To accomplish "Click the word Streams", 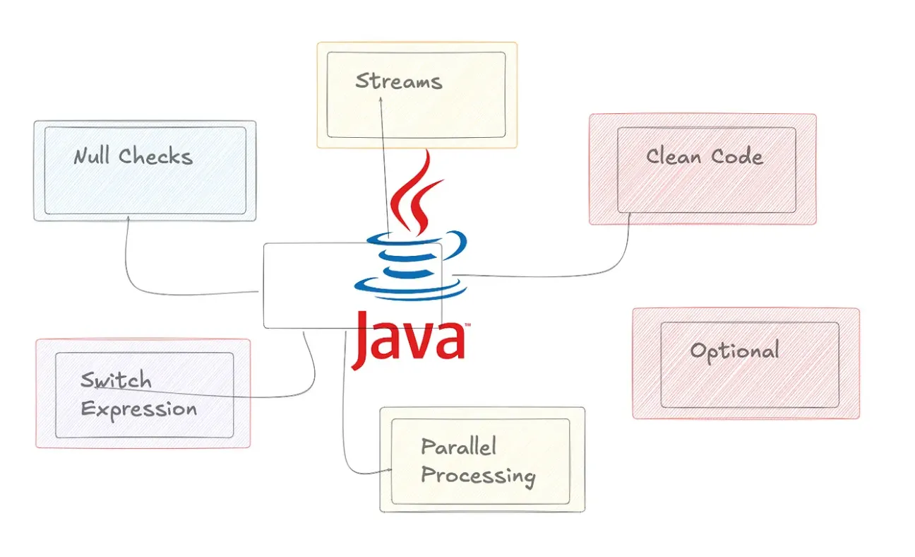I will click(398, 81).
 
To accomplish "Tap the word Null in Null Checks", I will click(92, 156).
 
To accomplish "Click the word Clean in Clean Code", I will click(673, 156).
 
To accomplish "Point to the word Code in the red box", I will click(736, 156).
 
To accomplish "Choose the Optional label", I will click(734, 351).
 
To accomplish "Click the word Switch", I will click(116, 380).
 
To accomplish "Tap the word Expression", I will click(138, 409).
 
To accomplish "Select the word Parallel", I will click(458, 446).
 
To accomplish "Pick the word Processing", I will click(477, 475).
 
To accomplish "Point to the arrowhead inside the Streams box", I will click(381, 101).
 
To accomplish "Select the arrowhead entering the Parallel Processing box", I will click(388, 471).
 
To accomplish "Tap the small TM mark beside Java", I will click(467, 326).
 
